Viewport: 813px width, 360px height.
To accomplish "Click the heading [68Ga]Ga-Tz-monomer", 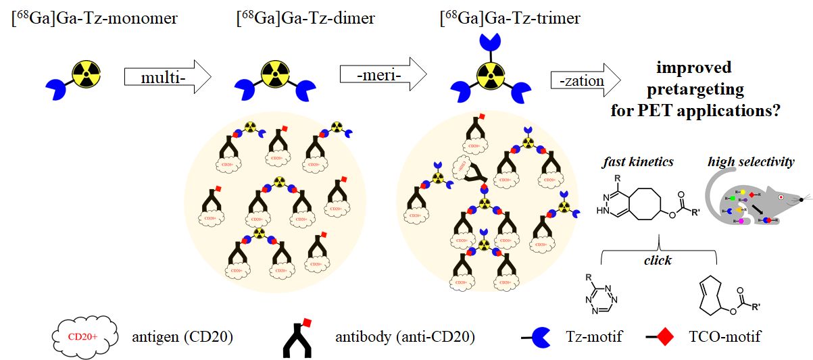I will (95, 18).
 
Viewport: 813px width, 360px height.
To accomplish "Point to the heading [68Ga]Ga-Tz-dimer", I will (306, 18).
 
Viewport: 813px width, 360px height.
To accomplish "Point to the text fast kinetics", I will (637, 162).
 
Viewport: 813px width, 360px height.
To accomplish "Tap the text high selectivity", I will (752, 162).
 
